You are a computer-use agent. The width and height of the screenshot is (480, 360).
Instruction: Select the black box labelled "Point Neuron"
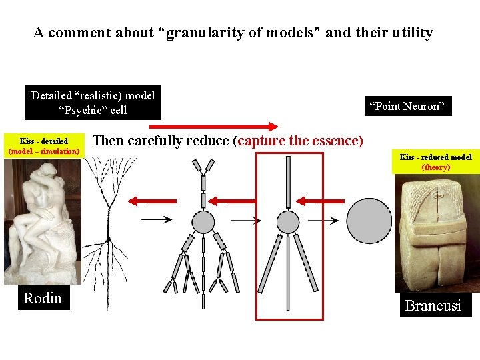pyautogui.click(x=407, y=106)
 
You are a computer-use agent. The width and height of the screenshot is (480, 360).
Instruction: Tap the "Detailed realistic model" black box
pyautogui.click(x=93, y=103)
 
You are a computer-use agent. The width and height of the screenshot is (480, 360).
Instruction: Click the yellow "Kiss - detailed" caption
pyautogui.click(x=44, y=146)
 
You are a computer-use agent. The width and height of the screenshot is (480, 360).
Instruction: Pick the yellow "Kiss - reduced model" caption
pyautogui.click(x=435, y=162)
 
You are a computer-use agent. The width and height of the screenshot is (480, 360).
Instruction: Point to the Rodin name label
pyautogui.click(x=43, y=298)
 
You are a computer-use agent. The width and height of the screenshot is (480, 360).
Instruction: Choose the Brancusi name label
pyautogui.click(x=433, y=306)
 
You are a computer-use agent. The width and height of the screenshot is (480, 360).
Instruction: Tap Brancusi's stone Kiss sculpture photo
pyautogui.click(x=435, y=233)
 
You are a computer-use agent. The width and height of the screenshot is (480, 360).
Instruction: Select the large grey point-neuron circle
pyautogui.click(x=369, y=221)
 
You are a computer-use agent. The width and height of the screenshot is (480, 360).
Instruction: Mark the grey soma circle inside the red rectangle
pyautogui.click(x=288, y=221)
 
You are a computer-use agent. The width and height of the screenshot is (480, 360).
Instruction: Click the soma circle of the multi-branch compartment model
pyautogui.click(x=203, y=221)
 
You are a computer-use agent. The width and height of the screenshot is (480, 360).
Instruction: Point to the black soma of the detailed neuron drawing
pyautogui.click(x=107, y=238)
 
